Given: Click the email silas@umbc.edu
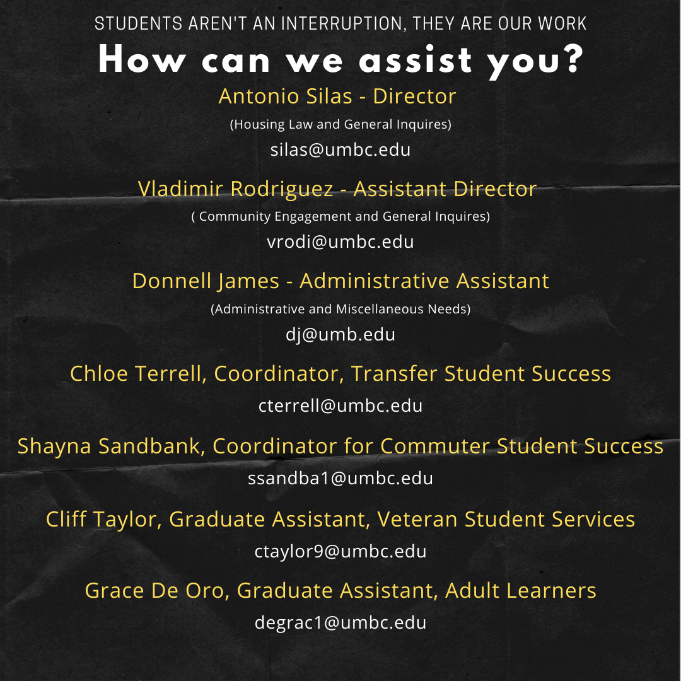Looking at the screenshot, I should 340,150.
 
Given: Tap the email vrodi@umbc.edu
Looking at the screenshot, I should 340,242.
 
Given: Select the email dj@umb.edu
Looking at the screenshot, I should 340,334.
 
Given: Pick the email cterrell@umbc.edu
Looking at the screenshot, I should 340,405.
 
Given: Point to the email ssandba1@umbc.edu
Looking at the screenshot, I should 340,479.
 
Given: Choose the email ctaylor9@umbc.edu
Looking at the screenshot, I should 340,552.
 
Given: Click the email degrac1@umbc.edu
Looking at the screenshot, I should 340,623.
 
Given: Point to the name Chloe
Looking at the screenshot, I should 93,373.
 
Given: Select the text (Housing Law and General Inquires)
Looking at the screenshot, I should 340,124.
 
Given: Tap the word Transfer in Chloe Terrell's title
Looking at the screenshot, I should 395,373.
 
